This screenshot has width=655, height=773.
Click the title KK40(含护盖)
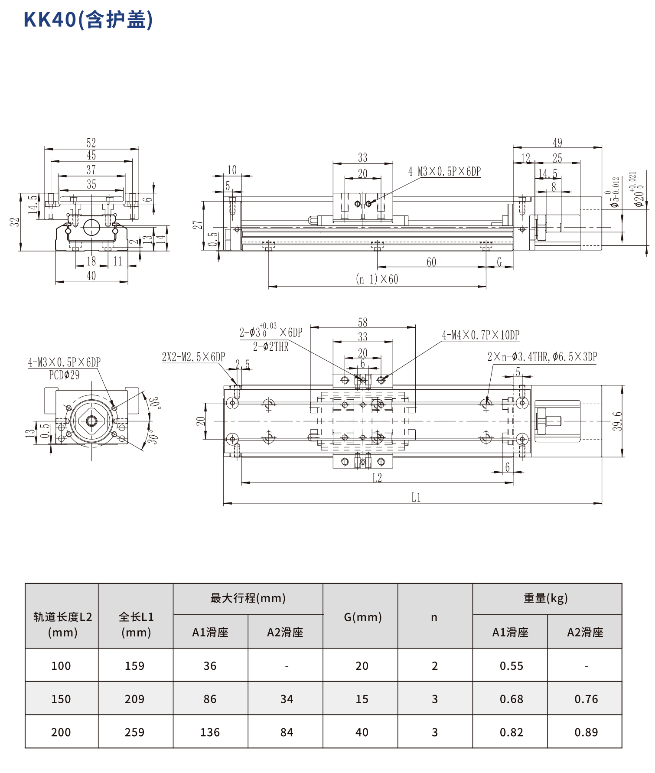tap(88, 20)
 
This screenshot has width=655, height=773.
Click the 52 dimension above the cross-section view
tap(91, 143)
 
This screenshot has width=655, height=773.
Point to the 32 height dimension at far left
tap(15, 222)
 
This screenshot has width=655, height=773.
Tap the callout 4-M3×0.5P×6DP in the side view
tap(444, 172)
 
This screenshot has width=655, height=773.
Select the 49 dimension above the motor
tap(557, 143)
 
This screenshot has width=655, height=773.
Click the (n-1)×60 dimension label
tap(377, 279)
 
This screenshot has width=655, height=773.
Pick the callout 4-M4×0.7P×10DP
tap(480, 335)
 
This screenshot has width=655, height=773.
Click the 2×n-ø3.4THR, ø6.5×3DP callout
tap(542, 357)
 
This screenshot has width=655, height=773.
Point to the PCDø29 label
tap(64, 375)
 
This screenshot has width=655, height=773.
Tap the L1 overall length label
tap(416, 497)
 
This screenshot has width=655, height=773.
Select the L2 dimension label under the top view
tap(377, 478)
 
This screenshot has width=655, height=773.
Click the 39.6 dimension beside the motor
tap(618, 421)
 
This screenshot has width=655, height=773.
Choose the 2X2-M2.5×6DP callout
tap(193, 357)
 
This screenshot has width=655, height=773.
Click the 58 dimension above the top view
tap(362, 323)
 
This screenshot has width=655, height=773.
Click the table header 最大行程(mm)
tap(248, 598)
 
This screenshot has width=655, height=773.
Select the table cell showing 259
tap(135, 732)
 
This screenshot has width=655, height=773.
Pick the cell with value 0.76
tap(586, 699)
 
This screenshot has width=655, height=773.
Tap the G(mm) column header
tap(362, 617)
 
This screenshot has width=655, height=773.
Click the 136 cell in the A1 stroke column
tap(210, 732)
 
